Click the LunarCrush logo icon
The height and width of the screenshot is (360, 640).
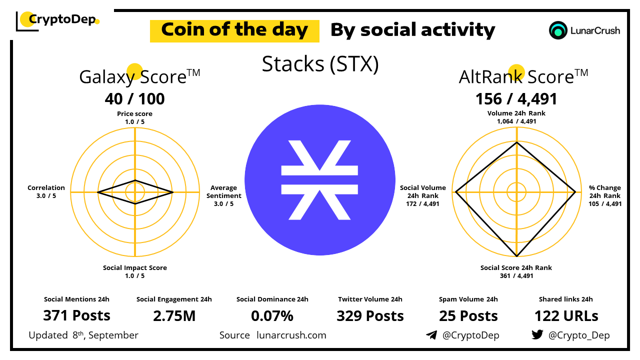pyautogui.click(x=558, y=30)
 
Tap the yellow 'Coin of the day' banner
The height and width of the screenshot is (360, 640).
pyautogui.click(x=234, y=31)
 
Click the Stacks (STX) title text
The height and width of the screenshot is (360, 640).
pyautogui.click(x=320, y=64)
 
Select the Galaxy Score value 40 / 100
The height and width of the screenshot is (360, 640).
pyautogui.click(x=134, y=99)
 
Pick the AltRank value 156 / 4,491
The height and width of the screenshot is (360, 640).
pyautogui.click(x=516, y=99)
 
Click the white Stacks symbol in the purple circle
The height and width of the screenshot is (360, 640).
pyautogui.click(x=319, y=180)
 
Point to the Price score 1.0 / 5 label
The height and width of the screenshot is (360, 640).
pyautogui.click(x=134, y=117)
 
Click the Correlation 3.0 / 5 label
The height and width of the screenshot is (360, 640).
pyautogui.click(x=46, y=191)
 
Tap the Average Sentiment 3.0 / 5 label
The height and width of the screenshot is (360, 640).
pyautogui.click(x=223, y=195)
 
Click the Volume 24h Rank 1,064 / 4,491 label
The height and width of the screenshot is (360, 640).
pyautogui.click(x=516, y=117)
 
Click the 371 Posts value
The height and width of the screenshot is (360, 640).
pyautogui.click(x=76, y=315)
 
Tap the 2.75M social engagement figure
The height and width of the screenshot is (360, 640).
pyautogui.click(x=174, y=316)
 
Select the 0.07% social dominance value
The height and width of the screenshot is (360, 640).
pyautogui.click(x=272, y=316)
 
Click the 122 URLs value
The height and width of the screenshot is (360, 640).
pyautogui.click(x=566, y=316)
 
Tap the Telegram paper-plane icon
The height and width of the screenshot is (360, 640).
pyautogui.click(x=431, y=335)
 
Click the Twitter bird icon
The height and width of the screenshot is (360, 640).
pyautogui.click(x=537, y=334)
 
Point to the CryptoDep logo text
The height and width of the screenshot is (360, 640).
pyautogui.click(x=62, y=19)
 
